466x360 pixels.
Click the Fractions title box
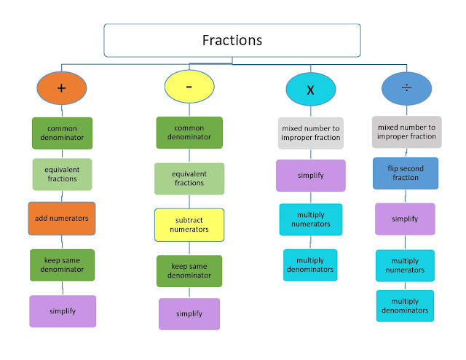233,40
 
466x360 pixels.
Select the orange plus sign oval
62,88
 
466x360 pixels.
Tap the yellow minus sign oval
189,87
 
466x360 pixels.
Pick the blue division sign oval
406,88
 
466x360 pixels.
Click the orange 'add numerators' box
62,218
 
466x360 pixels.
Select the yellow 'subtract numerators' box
189,224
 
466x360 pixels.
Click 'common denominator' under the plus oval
62,133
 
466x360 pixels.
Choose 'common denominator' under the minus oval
189,133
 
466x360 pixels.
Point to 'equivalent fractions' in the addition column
62,175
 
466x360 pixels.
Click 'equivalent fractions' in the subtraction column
189,179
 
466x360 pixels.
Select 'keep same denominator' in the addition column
62,265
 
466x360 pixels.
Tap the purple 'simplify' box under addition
62,310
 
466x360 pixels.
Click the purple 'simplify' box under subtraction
189,314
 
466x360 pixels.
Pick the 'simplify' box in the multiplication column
310,176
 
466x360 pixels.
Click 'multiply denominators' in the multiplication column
310,265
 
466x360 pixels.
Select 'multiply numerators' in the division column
405,265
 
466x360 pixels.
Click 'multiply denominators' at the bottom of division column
405,306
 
